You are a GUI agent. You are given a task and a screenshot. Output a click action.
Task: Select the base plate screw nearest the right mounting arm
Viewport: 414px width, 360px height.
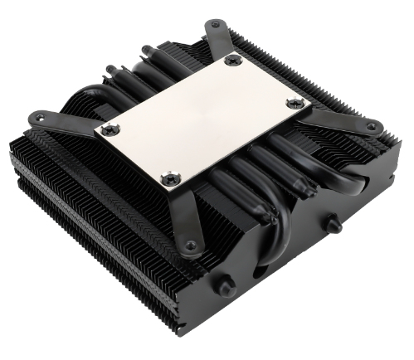(295, 102)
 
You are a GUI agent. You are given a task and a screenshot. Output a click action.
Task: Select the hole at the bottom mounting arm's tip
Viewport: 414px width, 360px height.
(192, 245)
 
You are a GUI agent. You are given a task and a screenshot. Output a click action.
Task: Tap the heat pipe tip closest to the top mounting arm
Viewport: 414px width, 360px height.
(147, 50)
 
